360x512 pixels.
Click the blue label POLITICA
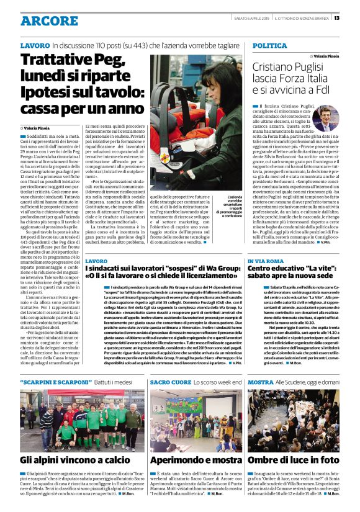[x=270, y=46]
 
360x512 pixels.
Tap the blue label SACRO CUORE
[x=169, y=383]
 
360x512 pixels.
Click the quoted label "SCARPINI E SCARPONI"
[x=55, y=383]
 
